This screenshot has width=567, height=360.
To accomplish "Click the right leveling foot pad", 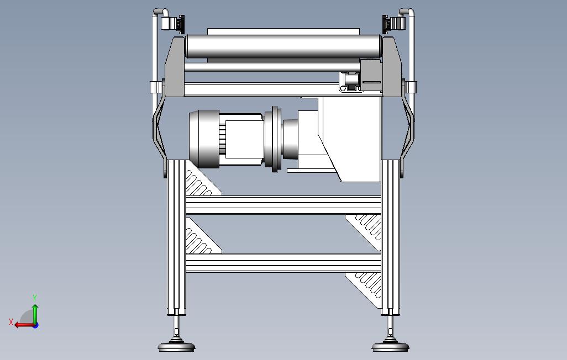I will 391,347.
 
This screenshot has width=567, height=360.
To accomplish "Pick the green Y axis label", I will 35,298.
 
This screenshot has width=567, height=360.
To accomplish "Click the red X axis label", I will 11,321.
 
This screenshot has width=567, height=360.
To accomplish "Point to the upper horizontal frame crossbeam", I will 283,205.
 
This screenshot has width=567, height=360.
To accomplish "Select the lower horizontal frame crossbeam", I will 283,263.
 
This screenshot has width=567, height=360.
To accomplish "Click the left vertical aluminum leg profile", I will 177,237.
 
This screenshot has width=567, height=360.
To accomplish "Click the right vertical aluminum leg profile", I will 390,237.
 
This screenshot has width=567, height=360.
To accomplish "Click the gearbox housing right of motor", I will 351,138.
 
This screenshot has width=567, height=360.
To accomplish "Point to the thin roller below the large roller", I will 265,67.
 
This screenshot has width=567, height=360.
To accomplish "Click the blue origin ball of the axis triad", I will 35,325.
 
